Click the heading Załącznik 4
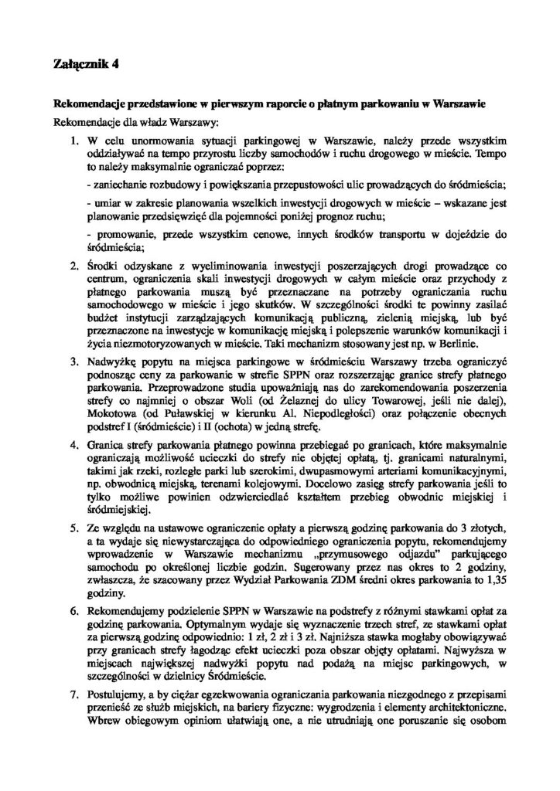coord(87,66)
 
